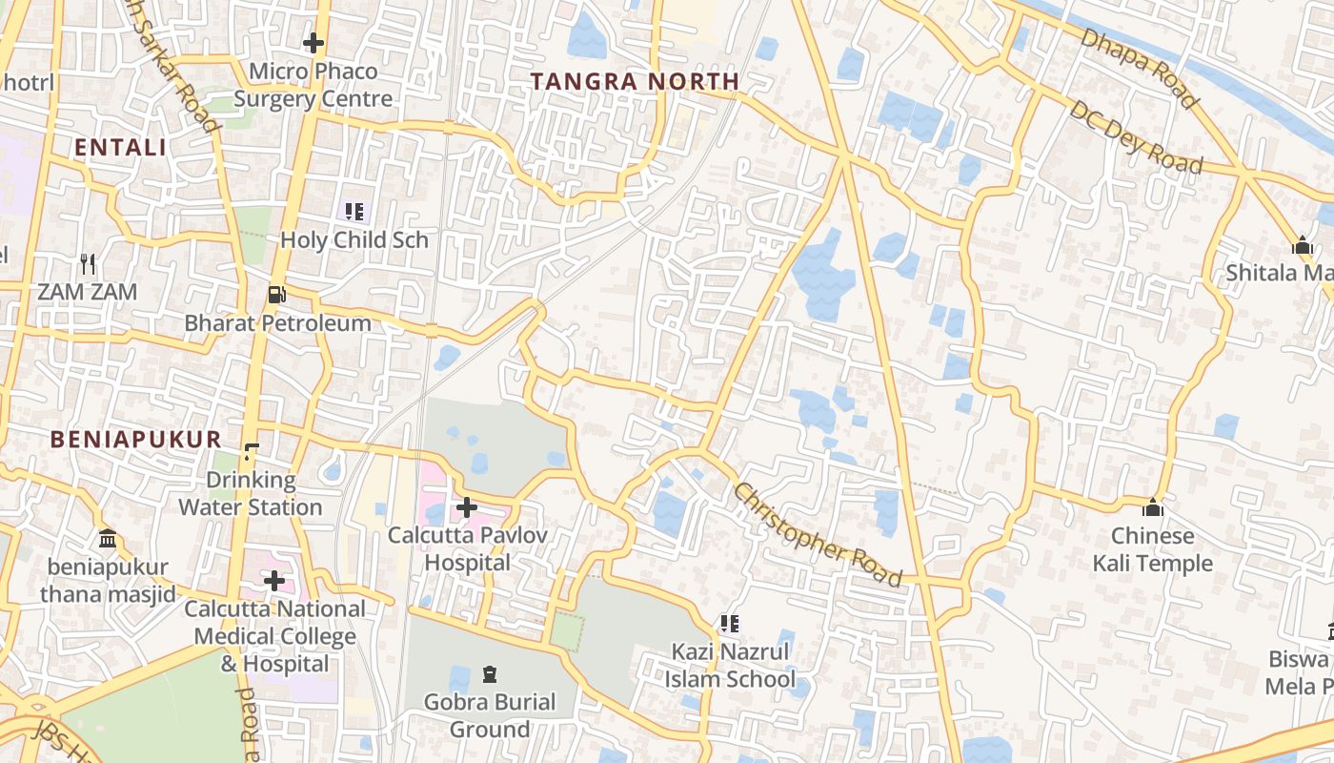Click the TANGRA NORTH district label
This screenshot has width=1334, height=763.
(635, 82)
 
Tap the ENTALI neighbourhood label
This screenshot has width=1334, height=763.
(120, 148)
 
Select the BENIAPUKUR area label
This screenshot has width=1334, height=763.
(136, 439)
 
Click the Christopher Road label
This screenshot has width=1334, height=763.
(818, 534)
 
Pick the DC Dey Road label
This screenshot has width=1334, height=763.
(1135, 137)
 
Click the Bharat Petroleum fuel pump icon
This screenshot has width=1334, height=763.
(276, 295)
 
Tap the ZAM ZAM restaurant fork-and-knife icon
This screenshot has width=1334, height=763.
(88, 263)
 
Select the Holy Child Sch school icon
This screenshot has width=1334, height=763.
(354, 212)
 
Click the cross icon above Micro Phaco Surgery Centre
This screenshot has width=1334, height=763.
(313, 43)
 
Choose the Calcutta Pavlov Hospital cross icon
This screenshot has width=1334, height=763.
(467, 507)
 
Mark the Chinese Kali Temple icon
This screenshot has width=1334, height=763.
(1153, 507)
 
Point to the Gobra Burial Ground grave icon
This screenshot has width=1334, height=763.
(490, 674)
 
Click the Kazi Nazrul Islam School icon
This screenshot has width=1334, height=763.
(730, 624)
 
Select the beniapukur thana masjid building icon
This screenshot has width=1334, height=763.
(108, 539)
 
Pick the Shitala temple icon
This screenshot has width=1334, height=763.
(1303, 245)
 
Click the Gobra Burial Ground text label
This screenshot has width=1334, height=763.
(490, 716)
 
